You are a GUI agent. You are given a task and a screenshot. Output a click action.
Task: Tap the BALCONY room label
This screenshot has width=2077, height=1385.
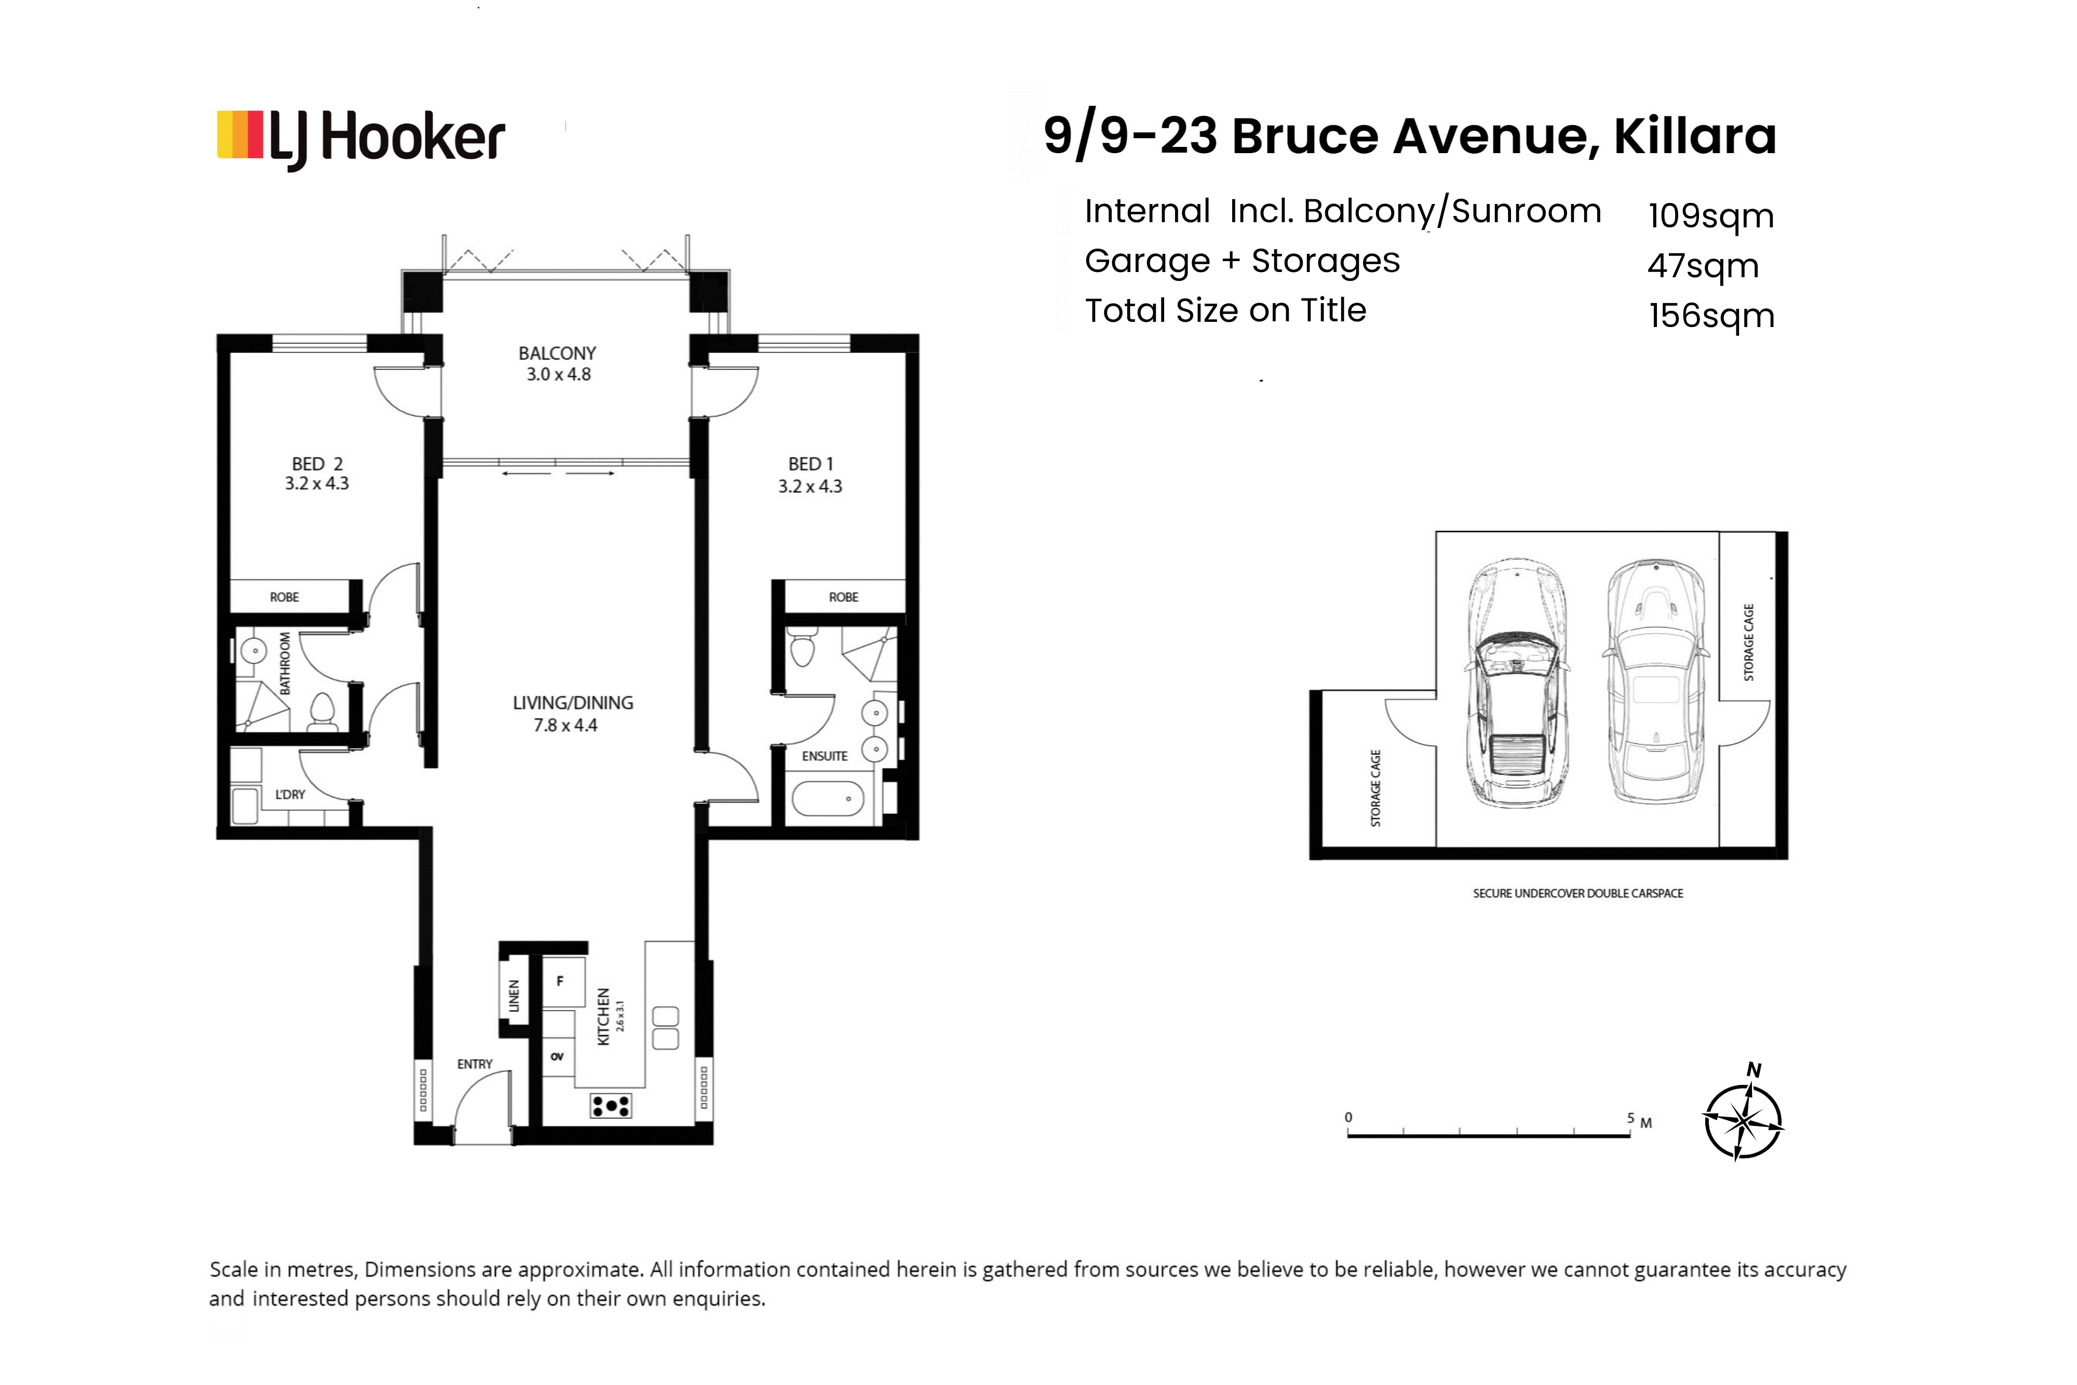click(558, 354)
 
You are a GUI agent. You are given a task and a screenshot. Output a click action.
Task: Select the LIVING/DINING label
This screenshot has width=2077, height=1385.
click(573, 703)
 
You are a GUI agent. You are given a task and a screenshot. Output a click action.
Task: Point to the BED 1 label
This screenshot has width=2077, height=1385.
click(810, 464)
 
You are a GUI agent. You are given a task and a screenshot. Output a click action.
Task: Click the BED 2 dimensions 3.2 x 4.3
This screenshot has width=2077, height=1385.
click(316, 483)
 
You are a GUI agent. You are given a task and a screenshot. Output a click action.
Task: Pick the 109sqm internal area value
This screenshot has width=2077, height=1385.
click(1711, 215)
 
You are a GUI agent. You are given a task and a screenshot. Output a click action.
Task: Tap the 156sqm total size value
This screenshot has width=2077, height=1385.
click(1711, 315)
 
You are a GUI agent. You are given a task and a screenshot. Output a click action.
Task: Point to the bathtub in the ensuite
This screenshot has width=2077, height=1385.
click(828, 798)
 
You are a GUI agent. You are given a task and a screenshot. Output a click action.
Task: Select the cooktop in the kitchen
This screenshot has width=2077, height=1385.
click(611, 1106)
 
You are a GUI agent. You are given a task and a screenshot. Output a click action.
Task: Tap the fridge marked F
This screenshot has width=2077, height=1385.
click(563, 981)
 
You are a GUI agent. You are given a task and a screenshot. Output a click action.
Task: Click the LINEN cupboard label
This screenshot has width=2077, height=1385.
click(514, 996)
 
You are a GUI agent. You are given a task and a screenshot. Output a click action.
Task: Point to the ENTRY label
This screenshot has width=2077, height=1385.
click(475, 1064)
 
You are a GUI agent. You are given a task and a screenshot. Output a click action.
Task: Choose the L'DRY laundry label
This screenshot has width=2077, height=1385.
click(290, 795)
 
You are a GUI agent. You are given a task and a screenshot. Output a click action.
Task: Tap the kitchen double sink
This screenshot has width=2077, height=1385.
click(665, 1028)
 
